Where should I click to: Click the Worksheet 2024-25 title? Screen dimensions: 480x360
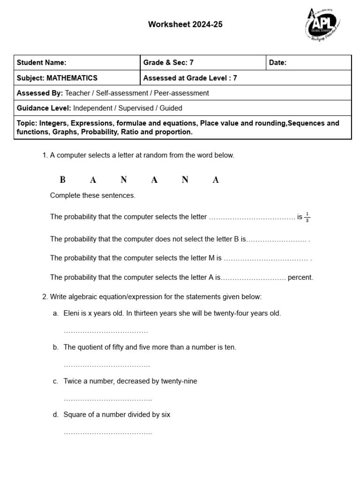click(185, 25)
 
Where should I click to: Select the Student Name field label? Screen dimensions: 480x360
click(41, 63)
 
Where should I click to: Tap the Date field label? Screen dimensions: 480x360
click(277, 63)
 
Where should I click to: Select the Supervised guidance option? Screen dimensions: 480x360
click(136, 108)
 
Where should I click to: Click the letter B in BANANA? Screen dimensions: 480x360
click(62, 180)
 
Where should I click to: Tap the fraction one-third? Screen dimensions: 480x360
click(307, 217)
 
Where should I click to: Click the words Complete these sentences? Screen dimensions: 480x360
click(93, 195)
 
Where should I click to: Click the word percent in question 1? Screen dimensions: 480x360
click(300, 277)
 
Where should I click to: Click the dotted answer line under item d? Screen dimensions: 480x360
click(107, 433)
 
